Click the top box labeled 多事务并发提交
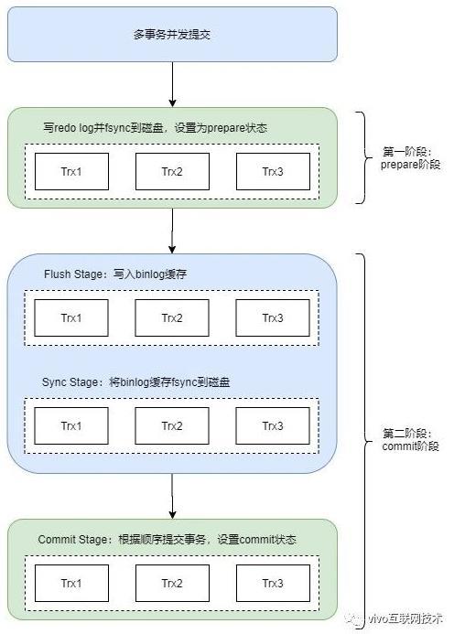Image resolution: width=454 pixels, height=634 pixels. pos(172,35)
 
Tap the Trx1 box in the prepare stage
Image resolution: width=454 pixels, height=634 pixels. pos(71,171)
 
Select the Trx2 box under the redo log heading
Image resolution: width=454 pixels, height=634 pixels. pos(172,171)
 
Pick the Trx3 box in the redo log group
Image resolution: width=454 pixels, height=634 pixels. pos(273,171)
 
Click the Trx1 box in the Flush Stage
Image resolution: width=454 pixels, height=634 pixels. pos(71,317)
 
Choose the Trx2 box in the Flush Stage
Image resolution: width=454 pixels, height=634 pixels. pos(172,317)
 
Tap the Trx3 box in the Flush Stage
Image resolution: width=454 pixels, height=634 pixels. pos(273,317)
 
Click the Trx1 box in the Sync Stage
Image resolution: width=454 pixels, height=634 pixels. pos(71,425)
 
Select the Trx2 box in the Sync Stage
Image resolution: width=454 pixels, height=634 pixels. pos(172,425)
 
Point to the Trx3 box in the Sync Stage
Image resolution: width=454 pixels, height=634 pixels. pos(273,425)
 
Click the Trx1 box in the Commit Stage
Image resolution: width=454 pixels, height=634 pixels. pos(71,583)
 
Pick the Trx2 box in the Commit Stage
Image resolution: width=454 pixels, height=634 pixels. pos(172,583)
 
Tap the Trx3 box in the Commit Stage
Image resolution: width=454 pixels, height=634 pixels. pos(273,583)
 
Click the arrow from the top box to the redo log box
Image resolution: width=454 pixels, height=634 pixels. pos(172,84)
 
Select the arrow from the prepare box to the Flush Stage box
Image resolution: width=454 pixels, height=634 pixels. pos(172,231)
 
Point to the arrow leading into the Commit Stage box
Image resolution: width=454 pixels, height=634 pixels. pos(172,496)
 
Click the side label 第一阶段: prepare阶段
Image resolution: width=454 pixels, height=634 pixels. pos(410,158)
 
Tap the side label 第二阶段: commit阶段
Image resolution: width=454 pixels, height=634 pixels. pos(410,440)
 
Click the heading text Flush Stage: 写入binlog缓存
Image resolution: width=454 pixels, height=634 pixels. pos(115,274)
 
